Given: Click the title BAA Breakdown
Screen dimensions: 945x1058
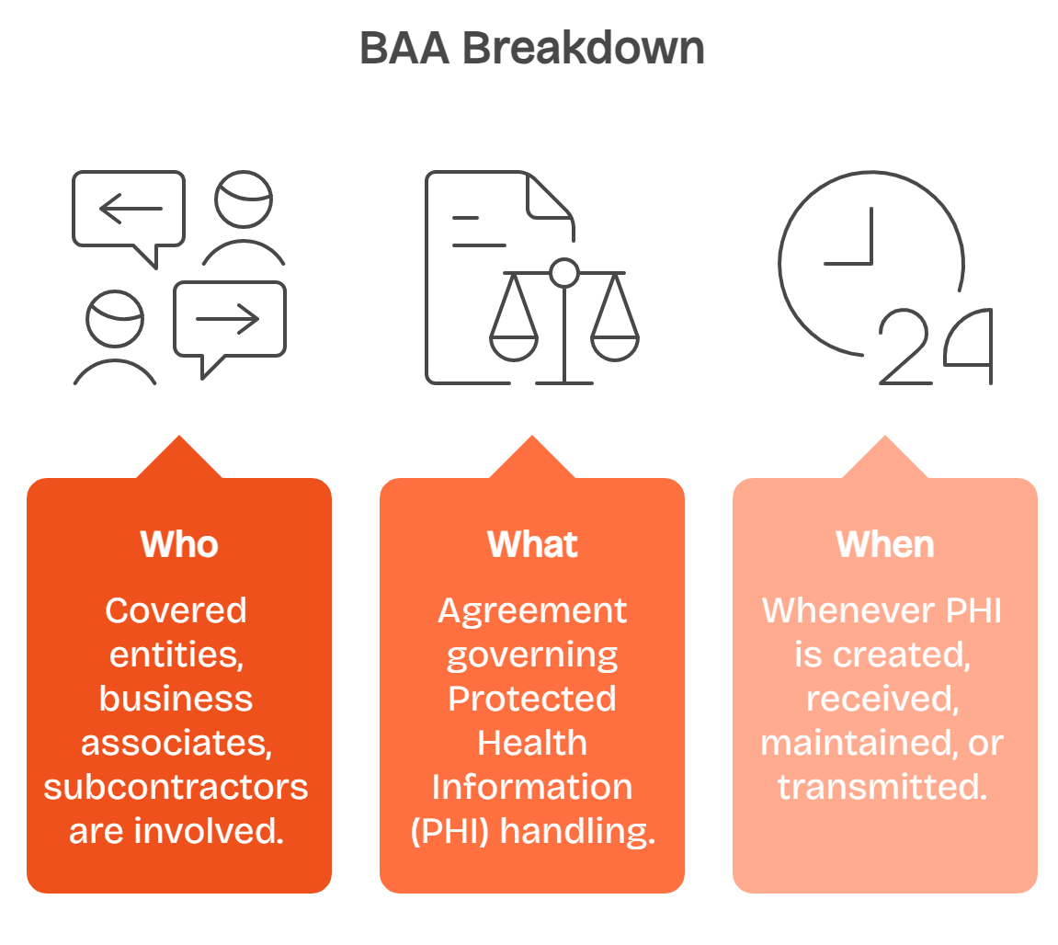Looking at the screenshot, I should [x=531, y=48].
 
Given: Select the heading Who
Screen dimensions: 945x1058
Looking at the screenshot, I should [x=179, y=544].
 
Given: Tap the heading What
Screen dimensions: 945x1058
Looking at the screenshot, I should [x=532, y=544].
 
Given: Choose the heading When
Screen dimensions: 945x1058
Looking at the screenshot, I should [x=884, y=544].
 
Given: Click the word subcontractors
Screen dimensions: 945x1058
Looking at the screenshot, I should [x=176, y=787].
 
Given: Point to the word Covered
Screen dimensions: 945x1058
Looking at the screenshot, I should [x=176, y=610].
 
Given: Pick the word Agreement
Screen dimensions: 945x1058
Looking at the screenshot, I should [x=532, y=610].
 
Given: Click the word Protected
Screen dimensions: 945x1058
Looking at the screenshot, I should [x=532, y=699].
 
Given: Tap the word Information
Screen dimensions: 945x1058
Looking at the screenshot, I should [x=532, y=787].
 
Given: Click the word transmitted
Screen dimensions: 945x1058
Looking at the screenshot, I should [x=882, y=787].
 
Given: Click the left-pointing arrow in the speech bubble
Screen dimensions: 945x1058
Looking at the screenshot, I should [x=130, y=210].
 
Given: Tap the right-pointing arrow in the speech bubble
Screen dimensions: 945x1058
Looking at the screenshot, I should [x=228, y=319].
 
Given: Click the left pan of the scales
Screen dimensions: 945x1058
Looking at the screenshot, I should [x=513, y=342].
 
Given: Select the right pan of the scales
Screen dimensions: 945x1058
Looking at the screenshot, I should [x=614, y=342].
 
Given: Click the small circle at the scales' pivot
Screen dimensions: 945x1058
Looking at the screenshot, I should [x=563, y=272].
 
